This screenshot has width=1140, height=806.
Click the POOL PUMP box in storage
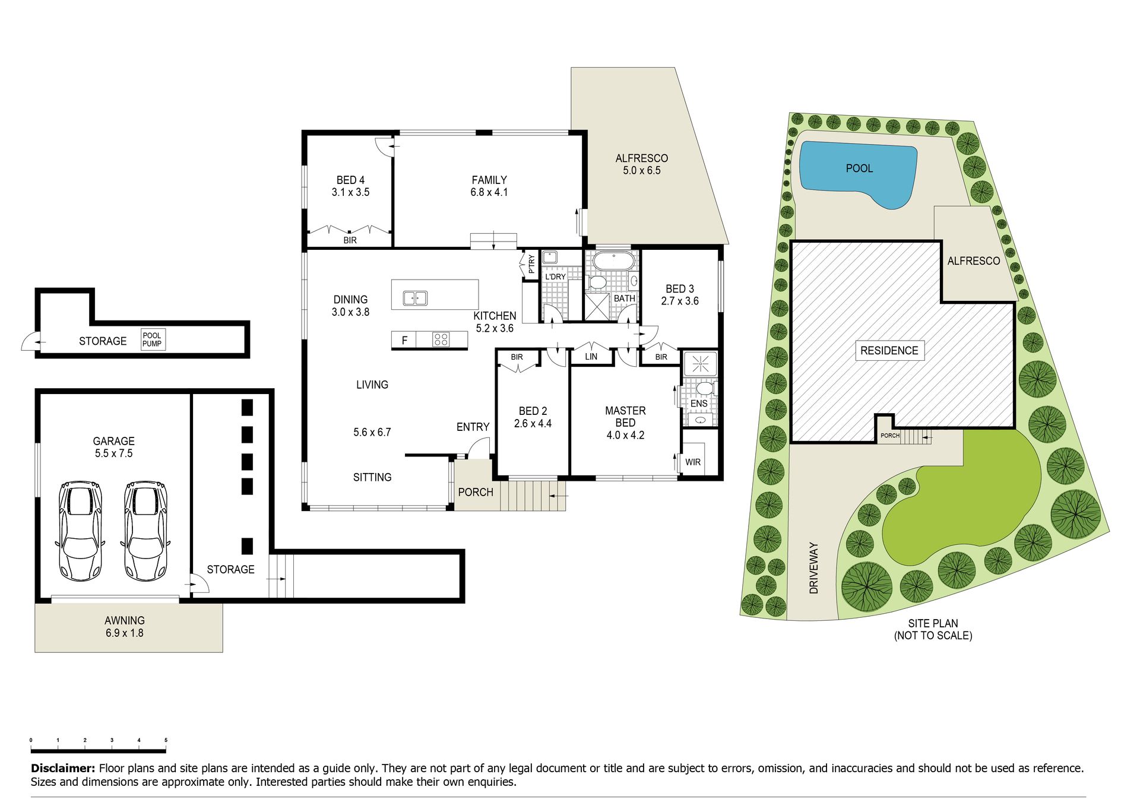pyautogui.click(x=153, y=339)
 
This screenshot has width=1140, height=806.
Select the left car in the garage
pyautogui.click(x=81, y=531)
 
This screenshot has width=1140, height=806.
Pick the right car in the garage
pyautogui.click(x=145, y=531)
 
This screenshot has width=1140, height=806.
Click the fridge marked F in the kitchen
pyautogui.click(x=404, y=340)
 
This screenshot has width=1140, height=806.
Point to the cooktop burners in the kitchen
pyautogui.click(x=441, y=339)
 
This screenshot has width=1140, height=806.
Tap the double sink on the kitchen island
pyautogui.click(x=415, y=297)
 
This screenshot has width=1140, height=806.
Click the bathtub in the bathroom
pyautogui.click(x=614, y=261)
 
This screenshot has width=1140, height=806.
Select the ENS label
pyautogui.click(x=699, y=404)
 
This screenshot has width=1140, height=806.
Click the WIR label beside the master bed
pyautogui.click(x=693, y=462)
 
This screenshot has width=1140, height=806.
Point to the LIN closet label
pyautogui.click(x=591, y=357)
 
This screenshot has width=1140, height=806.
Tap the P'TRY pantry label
pyautogui.click(x=531, y=264)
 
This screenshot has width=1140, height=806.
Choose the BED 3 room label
pyautogui.click(x=680, y=295)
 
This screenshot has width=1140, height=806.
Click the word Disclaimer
pyautogui.click(x=63, y=768)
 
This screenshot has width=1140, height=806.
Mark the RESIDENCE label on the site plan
pyautogui.click(x=889, y=350)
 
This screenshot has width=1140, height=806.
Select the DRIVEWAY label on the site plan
pyautogui.click(x=813, y=568)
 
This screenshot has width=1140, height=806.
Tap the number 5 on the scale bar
pyautogui.click(x=166, y=740)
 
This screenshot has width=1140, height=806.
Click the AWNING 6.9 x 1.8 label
pyautogui.click(x=124, y=626)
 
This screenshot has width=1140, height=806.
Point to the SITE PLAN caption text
pyautogui.click(x=933, y=629)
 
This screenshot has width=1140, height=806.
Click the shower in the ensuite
pyautogui.click(x=700, y=364)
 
